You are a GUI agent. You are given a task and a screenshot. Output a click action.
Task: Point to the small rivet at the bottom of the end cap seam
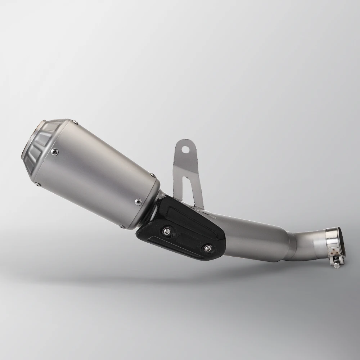pos(39,184)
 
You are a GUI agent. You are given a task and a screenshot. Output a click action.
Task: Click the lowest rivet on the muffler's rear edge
pos(123,226)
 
